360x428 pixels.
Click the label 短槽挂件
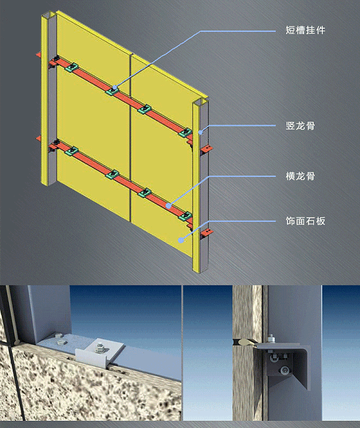[x=305, y=29]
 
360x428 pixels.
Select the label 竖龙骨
[x=301, y=126]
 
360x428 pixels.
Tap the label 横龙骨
[x=301, y=176]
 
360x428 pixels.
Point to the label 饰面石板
[x=305, y=221]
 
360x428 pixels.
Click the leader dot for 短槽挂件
[x=112, y=88]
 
